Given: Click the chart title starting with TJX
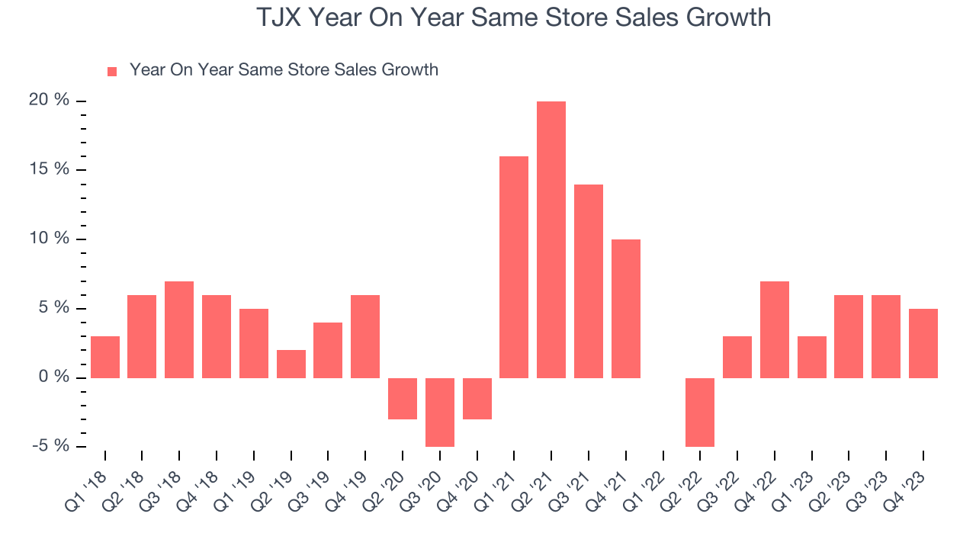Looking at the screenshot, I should pos(513,18).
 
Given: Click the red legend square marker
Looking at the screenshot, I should pos(112,71).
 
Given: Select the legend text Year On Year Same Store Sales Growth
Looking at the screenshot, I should pos(284,70).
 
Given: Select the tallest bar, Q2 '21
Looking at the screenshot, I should pos(551,239).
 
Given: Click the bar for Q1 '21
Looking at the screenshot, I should pos(514,267).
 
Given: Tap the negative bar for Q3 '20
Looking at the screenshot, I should pos(440,412).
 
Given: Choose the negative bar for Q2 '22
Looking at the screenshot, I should pos(700,412).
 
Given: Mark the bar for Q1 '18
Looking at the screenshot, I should pos(105,357).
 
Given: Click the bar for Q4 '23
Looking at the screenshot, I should pos(923,343).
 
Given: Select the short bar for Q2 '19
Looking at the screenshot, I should pos(291,364).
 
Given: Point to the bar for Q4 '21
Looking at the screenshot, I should pos(626,309).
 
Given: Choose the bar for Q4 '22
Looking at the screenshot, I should pos(775,329).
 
